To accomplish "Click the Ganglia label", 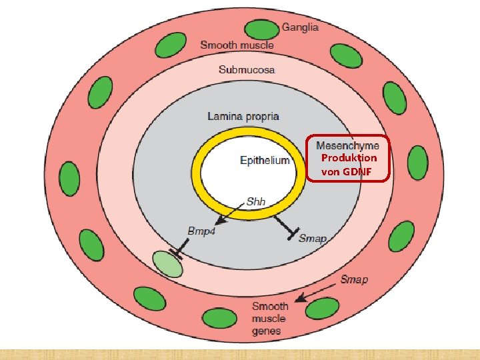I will pos(300,27).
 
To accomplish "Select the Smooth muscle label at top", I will pos(237,45).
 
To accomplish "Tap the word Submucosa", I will pos(247,69).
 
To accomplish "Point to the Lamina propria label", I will pos(243,117).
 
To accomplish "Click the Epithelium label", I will pos(265,160).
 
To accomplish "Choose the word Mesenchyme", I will pos(347,145).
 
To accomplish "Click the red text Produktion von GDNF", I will pos(349,165).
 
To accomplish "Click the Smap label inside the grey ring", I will pos(313,239).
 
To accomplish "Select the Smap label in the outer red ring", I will pos(353,279).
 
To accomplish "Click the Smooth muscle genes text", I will pos(270,318).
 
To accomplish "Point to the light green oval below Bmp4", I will pos(167,264).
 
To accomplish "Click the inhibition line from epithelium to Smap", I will pos(284,224).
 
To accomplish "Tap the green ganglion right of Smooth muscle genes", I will pos(323,308).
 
